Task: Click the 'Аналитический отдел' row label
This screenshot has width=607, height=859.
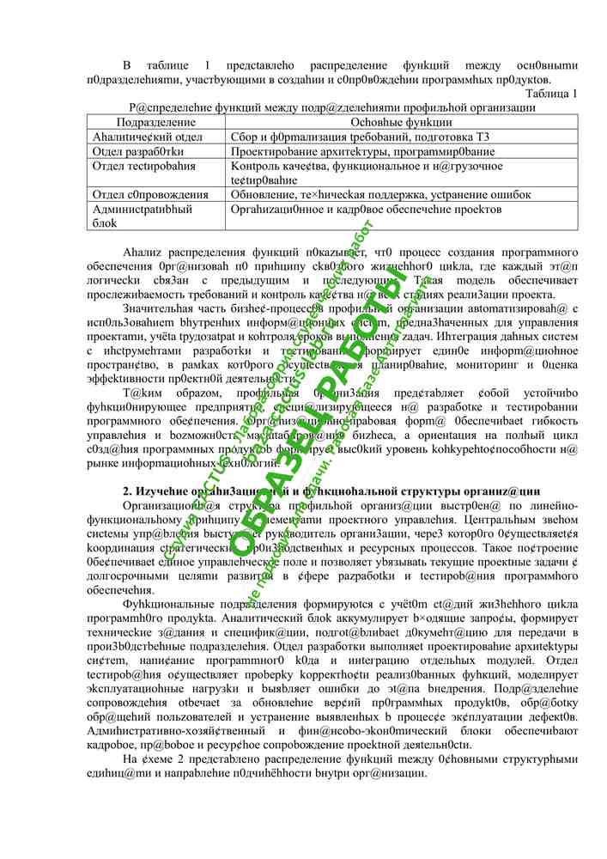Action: tap(148, 137)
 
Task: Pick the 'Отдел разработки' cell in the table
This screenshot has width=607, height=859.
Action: tap(137, 151)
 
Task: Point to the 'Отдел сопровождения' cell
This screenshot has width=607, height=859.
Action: tap(150, 195)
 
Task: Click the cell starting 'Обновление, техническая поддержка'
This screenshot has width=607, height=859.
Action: tap(361, 195)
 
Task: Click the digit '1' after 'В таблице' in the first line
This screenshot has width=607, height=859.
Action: tap(207, 65)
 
